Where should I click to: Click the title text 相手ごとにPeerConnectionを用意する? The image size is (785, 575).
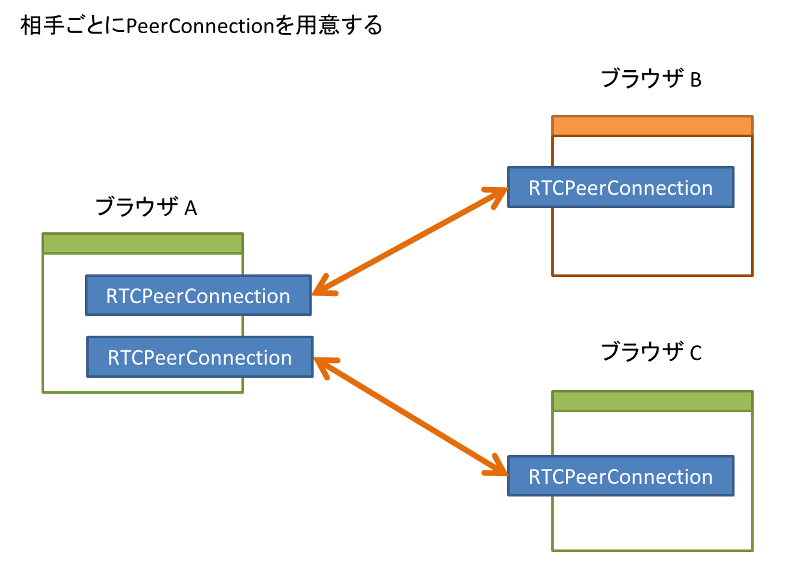[201, 26]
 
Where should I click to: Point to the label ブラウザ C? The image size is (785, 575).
[652, 352]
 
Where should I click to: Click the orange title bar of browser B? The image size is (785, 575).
[652, 126]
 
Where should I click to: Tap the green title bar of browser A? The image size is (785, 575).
[142, 244]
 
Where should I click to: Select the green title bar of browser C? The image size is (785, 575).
[652, 401]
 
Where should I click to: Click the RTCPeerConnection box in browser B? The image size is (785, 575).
[620, 188]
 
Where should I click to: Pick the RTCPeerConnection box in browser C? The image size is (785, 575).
[620, 476]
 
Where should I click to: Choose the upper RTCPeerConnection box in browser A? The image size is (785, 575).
[198, 295]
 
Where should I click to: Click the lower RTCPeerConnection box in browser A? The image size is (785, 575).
[199, 357]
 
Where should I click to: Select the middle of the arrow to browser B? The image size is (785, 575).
[409, 242]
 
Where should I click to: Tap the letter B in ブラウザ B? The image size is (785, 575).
[696, 80]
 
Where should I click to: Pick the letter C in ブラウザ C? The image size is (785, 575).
[696, 353]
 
